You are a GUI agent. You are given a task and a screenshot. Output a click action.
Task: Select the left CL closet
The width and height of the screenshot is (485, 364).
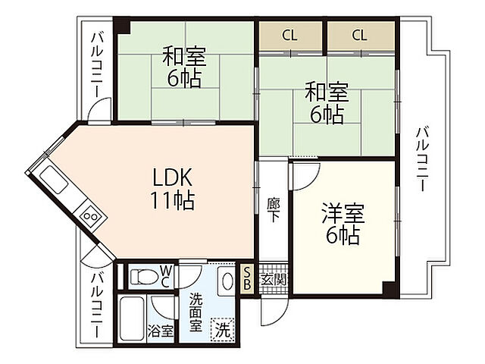[289, 35]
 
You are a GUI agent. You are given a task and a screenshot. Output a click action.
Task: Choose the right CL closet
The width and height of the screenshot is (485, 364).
[359, 35]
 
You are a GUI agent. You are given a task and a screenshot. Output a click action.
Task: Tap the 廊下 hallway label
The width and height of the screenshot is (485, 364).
[273, 208]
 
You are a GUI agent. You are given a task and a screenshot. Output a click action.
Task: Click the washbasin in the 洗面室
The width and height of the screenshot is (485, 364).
[227, 281]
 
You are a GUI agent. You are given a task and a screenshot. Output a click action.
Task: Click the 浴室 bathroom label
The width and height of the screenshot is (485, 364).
[160, 331]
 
